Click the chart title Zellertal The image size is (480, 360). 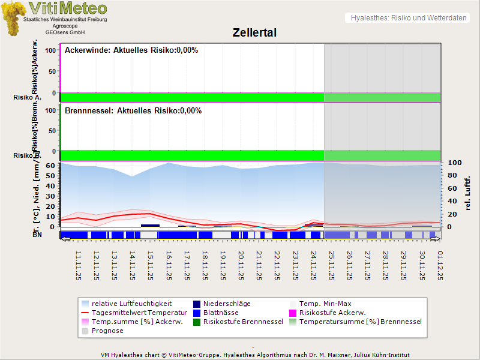coord(254,33)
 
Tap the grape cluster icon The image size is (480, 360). coord(13,18)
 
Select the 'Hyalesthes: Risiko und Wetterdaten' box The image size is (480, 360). coord(408,18)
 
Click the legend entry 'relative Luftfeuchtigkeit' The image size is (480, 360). coord(131,304)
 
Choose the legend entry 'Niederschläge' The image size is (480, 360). coord(227,304)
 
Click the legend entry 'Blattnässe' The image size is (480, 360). coord(221,313)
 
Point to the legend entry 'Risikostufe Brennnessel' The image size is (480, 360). coord(243,322)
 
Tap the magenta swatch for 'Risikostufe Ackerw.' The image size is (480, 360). coord(293,313)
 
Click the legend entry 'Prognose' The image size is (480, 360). coord(107,331)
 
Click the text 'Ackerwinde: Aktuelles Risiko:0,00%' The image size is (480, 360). coord(131,50)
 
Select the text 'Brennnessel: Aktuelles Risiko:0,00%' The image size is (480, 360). coord(133,111)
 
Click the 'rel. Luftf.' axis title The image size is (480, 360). coord(468,192)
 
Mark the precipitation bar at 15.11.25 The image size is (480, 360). coord(150,226)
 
